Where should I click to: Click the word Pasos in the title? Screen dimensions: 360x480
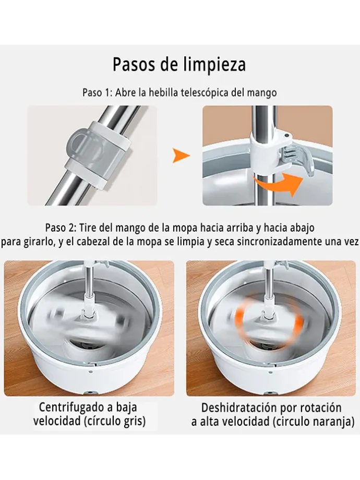pyautogui.click(x=133, y=64)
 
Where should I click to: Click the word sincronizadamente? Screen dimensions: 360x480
pyautogui.click(x=273, y=242)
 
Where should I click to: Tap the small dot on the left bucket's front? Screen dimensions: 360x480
pyautogui.click(x=90, y=372)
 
